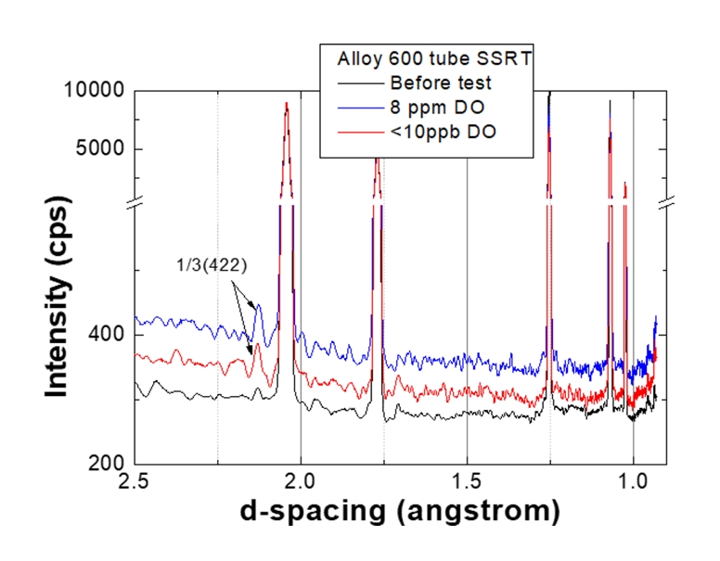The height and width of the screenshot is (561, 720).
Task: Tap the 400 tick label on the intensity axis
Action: pyautogui.click(x=109, y=335)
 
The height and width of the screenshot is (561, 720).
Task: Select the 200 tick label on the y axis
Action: pyautogui.click(x=109, y=464)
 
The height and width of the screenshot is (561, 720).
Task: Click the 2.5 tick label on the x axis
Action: pyautogui.click(x=135, y=483)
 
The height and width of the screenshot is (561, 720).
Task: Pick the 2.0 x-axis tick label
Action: pyautogui.click(x=301, y=483)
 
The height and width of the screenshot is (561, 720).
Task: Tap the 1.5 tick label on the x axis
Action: pyautogui.click(x=467, y=483)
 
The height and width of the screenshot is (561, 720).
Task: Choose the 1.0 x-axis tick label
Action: pyautogui.click(x=633, y=483)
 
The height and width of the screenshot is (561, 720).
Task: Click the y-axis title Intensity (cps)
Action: pyautogui.click(x=60, y=278)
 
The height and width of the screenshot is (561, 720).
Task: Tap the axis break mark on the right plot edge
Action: pyautogui.click(x=666, y=200)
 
